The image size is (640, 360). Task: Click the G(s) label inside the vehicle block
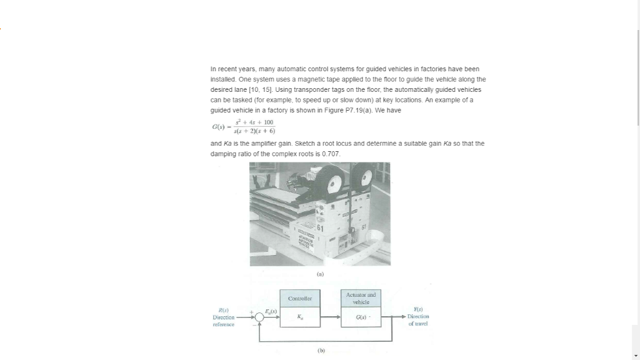coord(361,317)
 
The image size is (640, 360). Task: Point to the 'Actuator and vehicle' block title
coord(361,298)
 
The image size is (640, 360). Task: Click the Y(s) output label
coord(416,310)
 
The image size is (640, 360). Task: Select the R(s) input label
coord(224,310)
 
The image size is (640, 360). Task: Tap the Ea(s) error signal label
coord(271,311)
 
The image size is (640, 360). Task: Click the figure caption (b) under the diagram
coord(320,351)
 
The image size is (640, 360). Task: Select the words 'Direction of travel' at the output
coord(416,321)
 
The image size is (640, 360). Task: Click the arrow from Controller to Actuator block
coord(331,317)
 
